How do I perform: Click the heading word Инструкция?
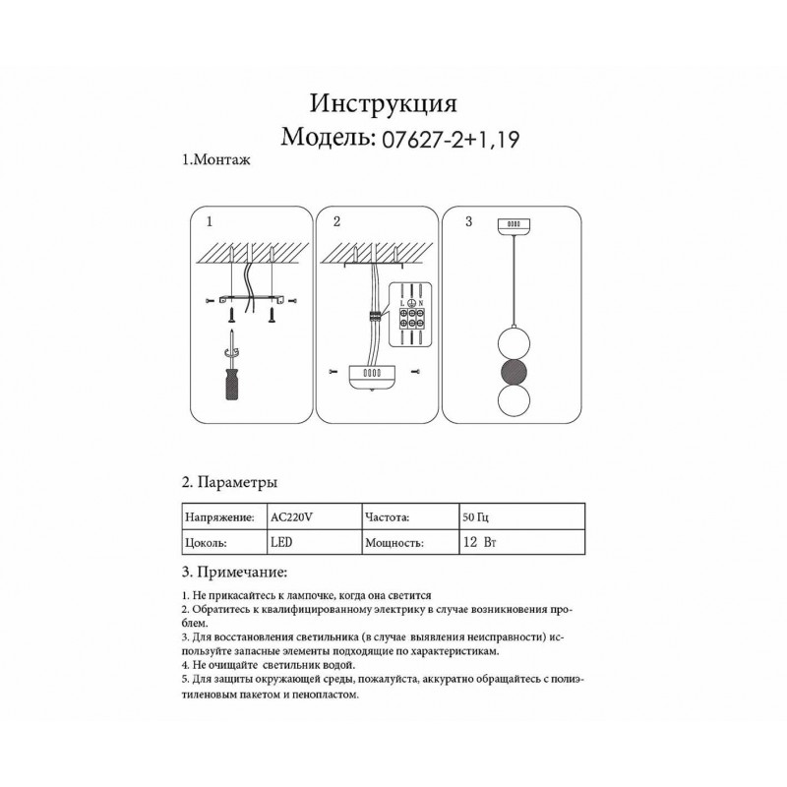click(x=384, y=103)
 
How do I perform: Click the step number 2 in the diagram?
click(x=336, y=222)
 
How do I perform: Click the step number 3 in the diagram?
click(x=468, y=222)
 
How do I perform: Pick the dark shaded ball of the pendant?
click(x=513, y=374)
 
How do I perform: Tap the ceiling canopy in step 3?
click(x=513, y=224)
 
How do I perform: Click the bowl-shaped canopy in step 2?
click(x=374, y=378)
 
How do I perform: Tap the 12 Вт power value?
click(x=477, y=542)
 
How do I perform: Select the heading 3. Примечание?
click(x=235, y=573)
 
